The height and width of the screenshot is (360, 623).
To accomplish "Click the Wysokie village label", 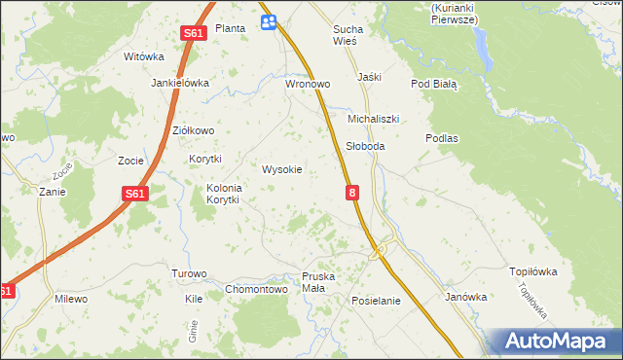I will point(282,169).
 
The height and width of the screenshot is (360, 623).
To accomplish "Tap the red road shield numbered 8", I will point(351,195).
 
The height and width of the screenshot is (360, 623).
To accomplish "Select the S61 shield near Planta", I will point(193,33).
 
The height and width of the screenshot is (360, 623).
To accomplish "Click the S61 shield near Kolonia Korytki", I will point(135,194).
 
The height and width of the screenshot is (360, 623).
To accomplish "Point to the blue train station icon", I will point(269,21).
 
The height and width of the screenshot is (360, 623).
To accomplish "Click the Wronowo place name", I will point(308,85).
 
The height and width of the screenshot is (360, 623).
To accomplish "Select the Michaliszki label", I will point(374,119).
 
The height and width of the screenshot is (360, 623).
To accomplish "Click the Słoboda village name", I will point(366,146).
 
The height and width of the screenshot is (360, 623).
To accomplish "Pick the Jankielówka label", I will point(180,83).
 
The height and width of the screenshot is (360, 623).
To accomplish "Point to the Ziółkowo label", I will point(192,130).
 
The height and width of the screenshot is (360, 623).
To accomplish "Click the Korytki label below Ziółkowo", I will point(205,159).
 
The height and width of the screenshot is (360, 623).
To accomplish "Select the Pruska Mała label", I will point(318,282).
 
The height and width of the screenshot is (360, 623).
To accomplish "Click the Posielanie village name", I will point(376,301).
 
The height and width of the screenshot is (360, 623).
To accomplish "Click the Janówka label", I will point(465,297).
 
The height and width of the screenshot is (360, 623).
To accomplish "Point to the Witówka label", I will point(142,56).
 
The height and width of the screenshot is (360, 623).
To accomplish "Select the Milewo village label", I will point(71,299).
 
